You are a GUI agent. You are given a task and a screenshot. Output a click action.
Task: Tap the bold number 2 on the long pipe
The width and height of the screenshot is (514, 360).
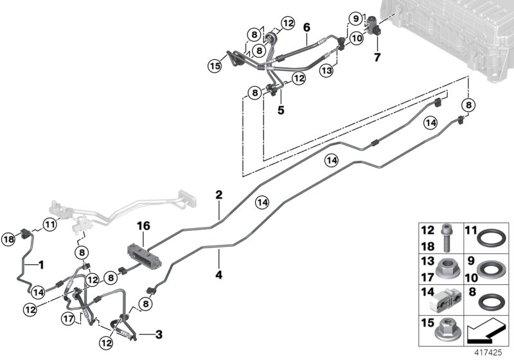pos(218,194)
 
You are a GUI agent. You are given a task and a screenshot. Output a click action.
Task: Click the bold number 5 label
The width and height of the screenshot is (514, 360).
pos(281,110)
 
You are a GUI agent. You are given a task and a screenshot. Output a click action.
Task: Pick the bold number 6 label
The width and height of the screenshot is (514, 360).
pos(306,28)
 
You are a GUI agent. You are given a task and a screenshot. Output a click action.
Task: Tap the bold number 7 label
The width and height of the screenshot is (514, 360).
pos(378,57)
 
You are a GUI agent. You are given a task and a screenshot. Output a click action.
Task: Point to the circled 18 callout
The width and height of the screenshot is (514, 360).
pos(10,239)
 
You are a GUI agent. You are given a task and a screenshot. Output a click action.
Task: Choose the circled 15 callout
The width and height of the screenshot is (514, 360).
pos(214,65)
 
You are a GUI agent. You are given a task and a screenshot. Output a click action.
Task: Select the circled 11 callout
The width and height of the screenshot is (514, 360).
pos(50,224)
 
